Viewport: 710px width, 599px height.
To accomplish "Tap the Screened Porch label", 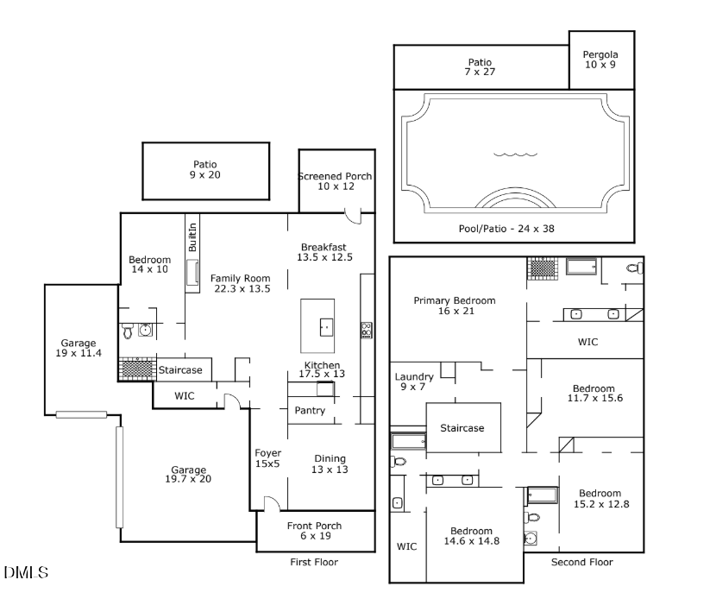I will (x=336, y=181).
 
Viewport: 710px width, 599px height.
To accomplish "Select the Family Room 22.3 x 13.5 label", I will (x=242, y=283).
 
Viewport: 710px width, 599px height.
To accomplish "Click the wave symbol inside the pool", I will (x=515, y=154).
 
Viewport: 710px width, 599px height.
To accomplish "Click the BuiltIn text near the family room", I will (x=192, y=237).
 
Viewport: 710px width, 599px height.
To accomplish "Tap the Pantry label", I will (x=310, y=410).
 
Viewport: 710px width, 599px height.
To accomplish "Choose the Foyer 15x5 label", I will (x=267, y=459).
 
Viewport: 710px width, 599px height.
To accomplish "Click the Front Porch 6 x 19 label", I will (x=314, y=531).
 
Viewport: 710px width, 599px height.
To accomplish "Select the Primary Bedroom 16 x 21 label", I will (x=455, y=306).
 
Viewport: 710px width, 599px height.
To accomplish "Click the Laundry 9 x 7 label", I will (x=414, y=382).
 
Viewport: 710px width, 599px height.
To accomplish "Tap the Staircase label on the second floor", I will (x=462, y=428).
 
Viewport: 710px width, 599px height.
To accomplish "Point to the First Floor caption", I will (x=314, y=563).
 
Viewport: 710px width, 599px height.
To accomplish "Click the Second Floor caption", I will (x=581, y=563).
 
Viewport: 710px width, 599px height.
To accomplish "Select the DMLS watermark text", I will (x=26, y=572).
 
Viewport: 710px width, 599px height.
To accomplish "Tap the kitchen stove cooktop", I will (x=366, y=329).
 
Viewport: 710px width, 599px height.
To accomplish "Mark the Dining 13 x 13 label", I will (x=330, y=464).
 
